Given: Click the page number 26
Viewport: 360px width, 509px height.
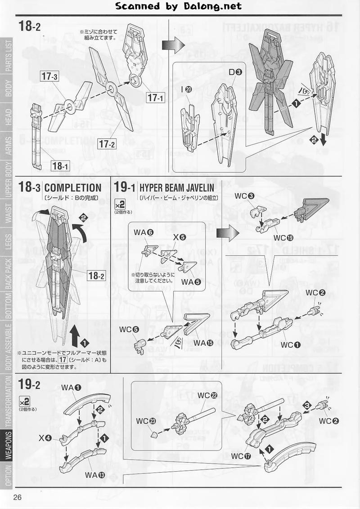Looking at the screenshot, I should coord(18,497).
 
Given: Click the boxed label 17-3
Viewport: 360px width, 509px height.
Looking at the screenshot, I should coord(49,76).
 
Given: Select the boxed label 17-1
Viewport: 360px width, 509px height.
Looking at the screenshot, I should coord(156,96).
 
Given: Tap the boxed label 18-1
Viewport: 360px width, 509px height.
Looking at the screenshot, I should coord(60,166).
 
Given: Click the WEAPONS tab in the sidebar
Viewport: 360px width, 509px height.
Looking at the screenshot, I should coord(9,446).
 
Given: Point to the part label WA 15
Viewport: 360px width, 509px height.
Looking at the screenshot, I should coord(204,343).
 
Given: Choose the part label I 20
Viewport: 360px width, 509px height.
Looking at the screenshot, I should coord(185,90).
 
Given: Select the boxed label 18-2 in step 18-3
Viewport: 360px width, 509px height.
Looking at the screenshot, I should coord(95,276).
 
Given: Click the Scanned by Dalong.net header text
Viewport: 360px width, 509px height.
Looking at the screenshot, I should coord(179,6).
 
